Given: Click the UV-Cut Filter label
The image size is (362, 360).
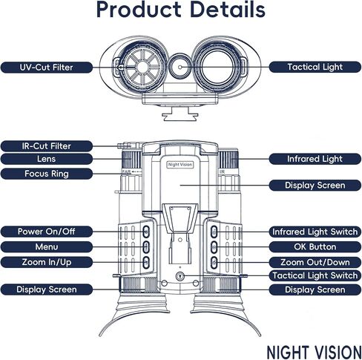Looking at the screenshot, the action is tap(47, 68).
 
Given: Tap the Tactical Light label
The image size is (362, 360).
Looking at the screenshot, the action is tap(315, 67).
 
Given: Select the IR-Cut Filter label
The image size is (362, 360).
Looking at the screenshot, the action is tap(47, 146).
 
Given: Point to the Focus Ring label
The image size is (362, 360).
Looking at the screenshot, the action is tap(47, 174).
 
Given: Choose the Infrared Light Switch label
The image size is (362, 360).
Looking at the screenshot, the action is tap(315, 232).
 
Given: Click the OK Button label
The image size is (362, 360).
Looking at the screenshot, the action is tap(315, 247).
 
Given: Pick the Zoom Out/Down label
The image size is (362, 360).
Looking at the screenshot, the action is tap(315, 262).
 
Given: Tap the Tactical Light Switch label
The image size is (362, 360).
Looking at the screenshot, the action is tap(315, 275).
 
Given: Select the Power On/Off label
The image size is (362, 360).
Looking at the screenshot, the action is tap(47, 232).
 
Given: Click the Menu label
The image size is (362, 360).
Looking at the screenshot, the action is tap(47, 246).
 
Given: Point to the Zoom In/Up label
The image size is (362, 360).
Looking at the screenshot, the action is tap(47, 262).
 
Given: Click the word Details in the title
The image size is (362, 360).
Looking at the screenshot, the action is tap(228, 10).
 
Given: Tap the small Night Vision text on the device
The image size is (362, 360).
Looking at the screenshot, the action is tap(180, 165).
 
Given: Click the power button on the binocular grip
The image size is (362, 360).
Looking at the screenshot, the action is tap(146, 232).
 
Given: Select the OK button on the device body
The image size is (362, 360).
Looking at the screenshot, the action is tap(214, 247).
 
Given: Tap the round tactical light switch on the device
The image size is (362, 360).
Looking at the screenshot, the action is tap(180, 276).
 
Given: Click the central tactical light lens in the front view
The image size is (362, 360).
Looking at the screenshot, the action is tap(180, 67).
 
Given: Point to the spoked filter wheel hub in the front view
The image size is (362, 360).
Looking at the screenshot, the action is tap(142, 66).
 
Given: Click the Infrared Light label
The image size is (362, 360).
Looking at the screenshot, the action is tap(315, 159).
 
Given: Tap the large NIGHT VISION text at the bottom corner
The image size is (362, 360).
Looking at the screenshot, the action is tap(314, 352).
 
